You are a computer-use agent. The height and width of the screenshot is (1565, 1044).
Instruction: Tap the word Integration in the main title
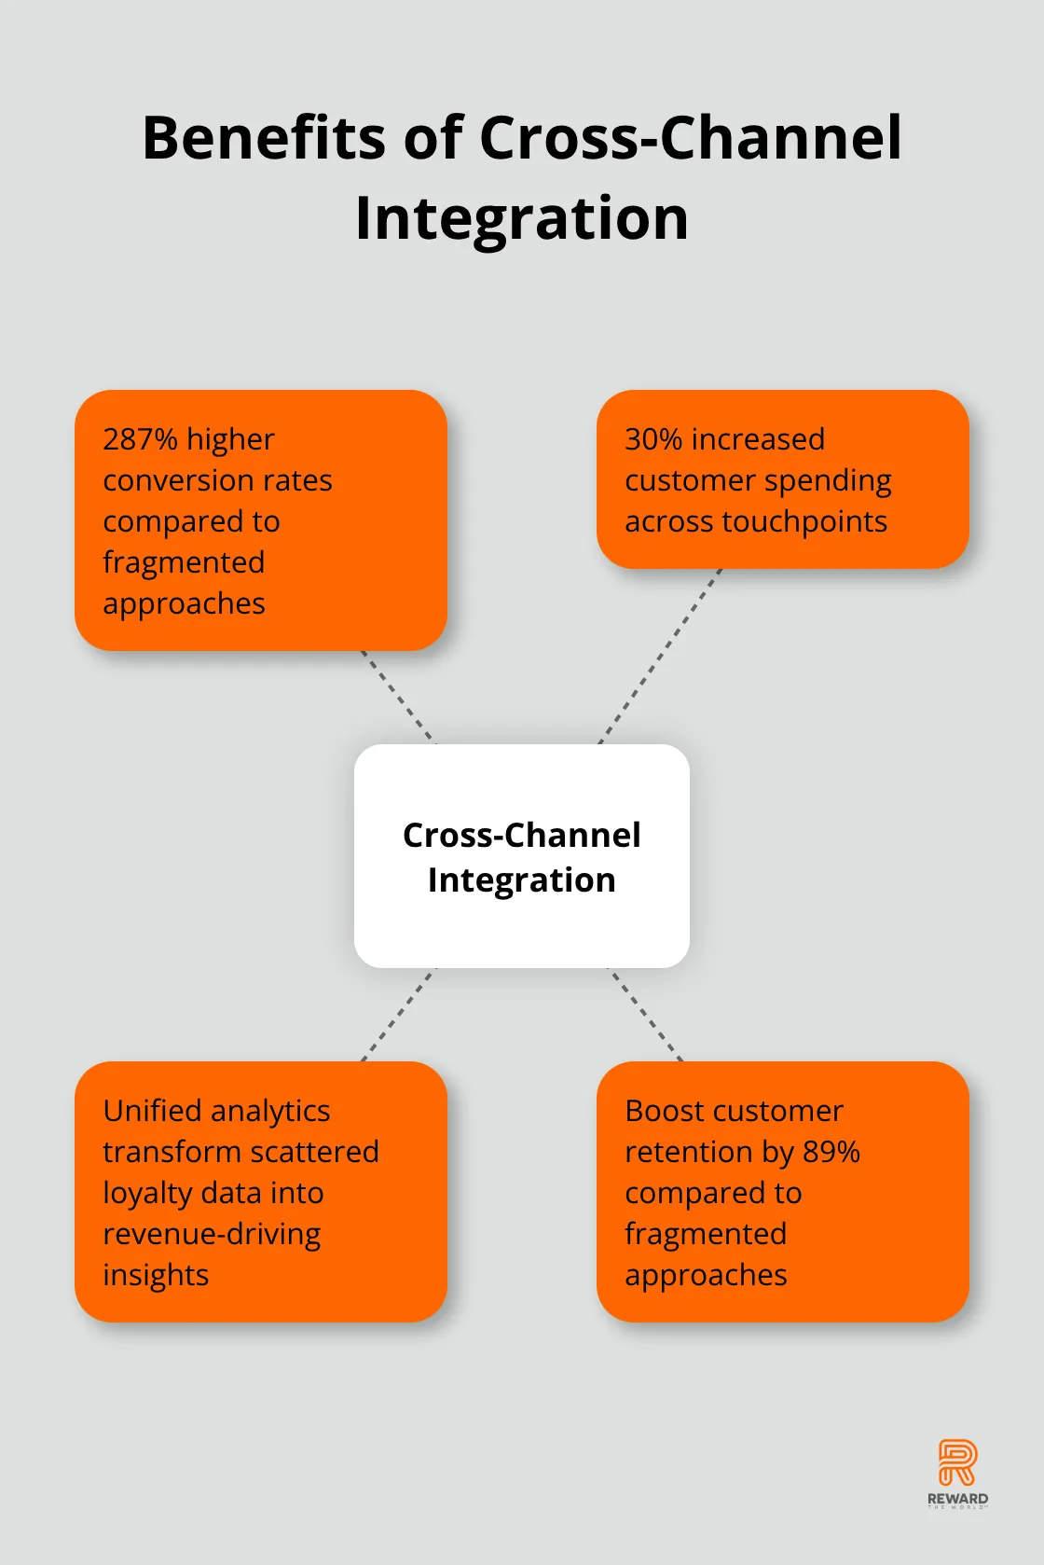(522, 218)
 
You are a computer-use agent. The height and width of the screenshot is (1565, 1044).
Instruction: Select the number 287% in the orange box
(140, 439)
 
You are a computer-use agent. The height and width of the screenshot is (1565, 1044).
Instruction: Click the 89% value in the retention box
(831, 1152)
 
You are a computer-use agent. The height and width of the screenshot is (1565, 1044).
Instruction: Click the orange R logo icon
(957, 1461)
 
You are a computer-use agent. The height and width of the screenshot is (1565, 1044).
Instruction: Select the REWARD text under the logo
(957, 1498)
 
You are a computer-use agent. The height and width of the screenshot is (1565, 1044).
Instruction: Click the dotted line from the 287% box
(398, 697)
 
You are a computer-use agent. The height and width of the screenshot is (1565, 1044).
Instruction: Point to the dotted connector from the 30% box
(660, 656)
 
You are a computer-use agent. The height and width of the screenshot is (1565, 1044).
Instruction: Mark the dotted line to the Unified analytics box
(398, 1015)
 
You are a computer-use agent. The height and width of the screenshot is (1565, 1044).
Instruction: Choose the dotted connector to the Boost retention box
(646, 1015)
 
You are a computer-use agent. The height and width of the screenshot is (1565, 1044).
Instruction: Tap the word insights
(156, 1275)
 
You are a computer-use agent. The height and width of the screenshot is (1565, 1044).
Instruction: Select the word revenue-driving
(212, 1234)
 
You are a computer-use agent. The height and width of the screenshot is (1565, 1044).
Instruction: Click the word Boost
(665, 1111)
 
